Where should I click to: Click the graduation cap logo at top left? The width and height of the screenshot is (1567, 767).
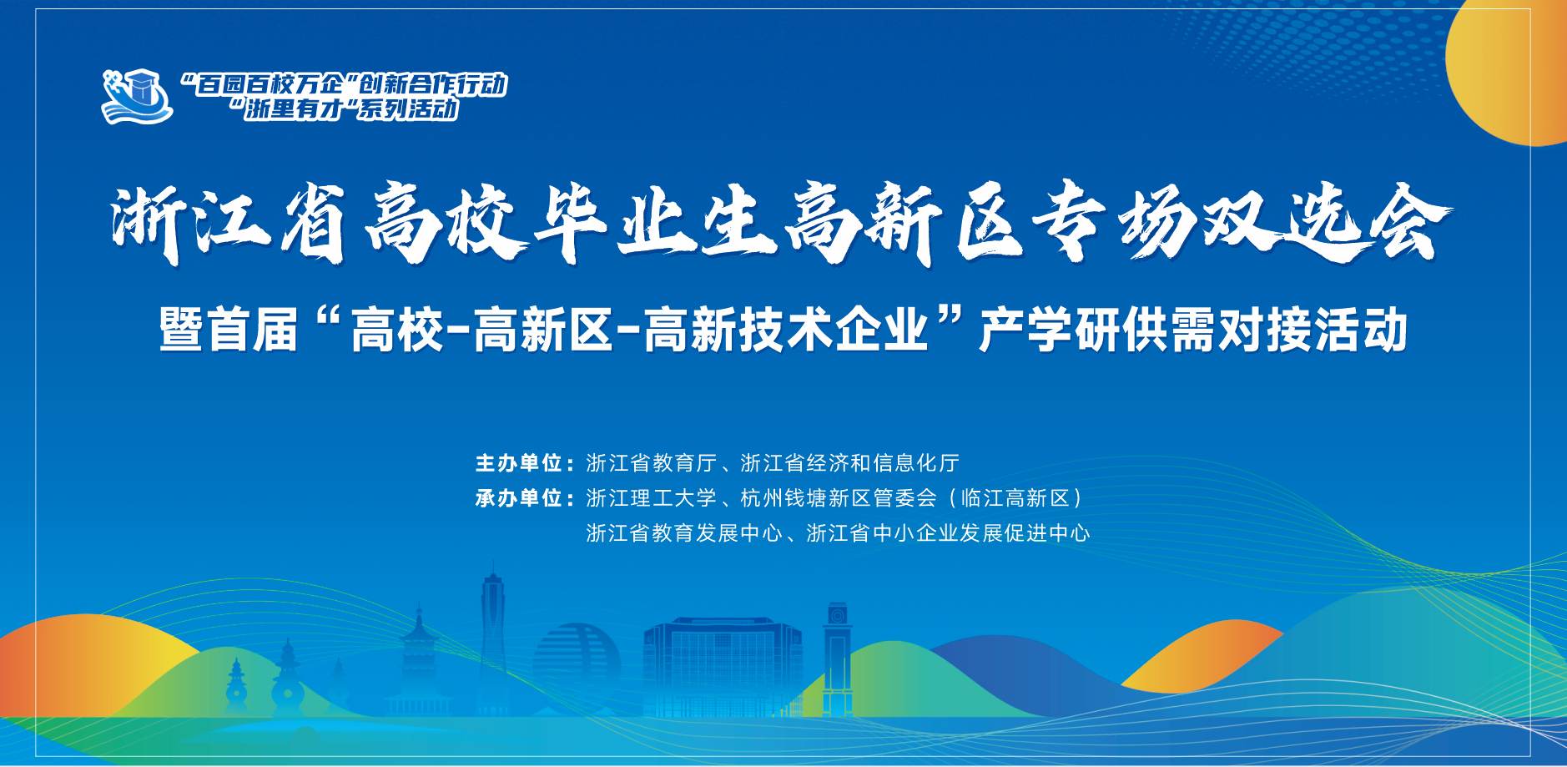pos(137,96)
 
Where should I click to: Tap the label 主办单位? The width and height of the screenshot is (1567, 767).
pos(519,463)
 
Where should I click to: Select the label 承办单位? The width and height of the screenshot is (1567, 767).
pos(519,498)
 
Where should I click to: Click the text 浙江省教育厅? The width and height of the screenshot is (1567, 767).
pos(652,463)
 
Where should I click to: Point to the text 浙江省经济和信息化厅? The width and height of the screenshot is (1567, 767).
pos(849,463)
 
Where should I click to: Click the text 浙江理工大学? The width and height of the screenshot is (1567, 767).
pos(652,498)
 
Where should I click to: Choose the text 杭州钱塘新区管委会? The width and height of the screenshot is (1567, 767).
pos(839,498)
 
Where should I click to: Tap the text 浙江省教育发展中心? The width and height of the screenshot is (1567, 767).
pos(684,533)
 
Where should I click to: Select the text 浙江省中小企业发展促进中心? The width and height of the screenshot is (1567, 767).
pos(948,533)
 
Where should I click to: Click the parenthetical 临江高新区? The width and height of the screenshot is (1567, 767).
pos(1015,498)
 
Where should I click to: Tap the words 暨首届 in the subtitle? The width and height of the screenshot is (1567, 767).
pos(229,330)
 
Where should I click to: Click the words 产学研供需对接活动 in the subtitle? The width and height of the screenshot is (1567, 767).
pos(1193,330)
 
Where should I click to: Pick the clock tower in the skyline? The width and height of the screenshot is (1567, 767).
pos(838,659)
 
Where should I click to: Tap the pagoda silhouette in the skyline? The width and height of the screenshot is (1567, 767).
pos(419,659)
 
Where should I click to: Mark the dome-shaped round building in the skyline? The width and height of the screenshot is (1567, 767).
pos(576,668)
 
